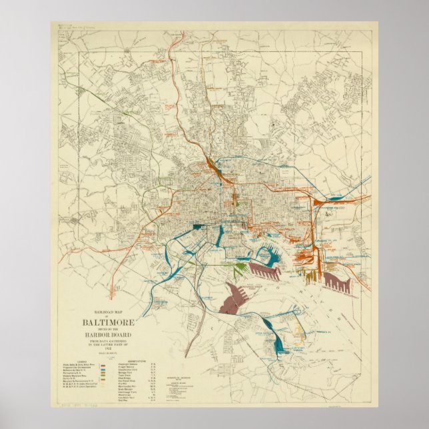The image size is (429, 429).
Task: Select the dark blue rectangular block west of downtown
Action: [198, 227]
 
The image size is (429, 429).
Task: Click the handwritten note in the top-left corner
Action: [75, 27]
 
